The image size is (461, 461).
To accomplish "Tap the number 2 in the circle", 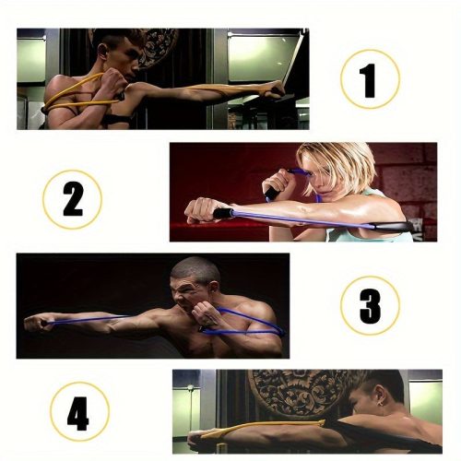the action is click(x=73, y=199).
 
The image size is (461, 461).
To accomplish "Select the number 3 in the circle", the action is click(x=370, y=307).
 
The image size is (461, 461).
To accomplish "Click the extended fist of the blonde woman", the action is click(x=200, y=210).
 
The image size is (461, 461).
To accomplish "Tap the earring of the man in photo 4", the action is click(x=383, y=403).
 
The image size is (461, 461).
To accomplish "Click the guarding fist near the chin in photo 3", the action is click(x=205, y=312).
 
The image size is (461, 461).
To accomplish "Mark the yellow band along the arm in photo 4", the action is click(x=261, y=428).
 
